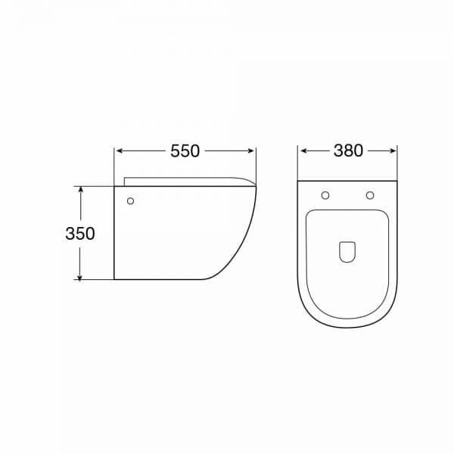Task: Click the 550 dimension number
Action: pos(185,151)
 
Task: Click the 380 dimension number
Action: pos(348,151)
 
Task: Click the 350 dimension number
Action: pos(80,233)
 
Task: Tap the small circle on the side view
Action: pos(131,201)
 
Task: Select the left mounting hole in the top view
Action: pos(325,195)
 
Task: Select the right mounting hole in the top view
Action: pos(370,195)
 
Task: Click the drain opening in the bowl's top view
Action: pos(347,252)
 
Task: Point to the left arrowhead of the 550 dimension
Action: pos(119,151)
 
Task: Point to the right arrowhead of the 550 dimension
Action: pos(251,151)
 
